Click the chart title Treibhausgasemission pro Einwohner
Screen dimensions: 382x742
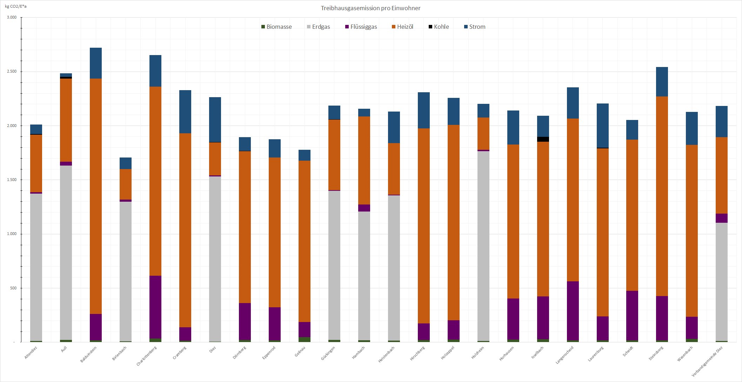[x=370, y=8]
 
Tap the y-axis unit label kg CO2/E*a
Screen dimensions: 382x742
[x=16, y=6]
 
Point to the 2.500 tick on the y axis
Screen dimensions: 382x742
[x=12, y=72]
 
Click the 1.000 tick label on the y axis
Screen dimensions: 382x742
[x=12, y=234]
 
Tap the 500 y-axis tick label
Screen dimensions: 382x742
[x=13, y=288]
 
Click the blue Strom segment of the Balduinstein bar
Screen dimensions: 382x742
[x=96, y=63]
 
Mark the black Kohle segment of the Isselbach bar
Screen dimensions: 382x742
[x=543, y=139]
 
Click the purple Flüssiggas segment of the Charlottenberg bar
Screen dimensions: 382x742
[x=155, y=307]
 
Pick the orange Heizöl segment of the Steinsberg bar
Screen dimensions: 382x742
[x=662, y=196]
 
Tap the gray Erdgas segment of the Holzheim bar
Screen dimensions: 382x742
[x=483, y=246]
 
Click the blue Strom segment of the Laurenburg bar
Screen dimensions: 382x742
[x=603, y=126]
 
